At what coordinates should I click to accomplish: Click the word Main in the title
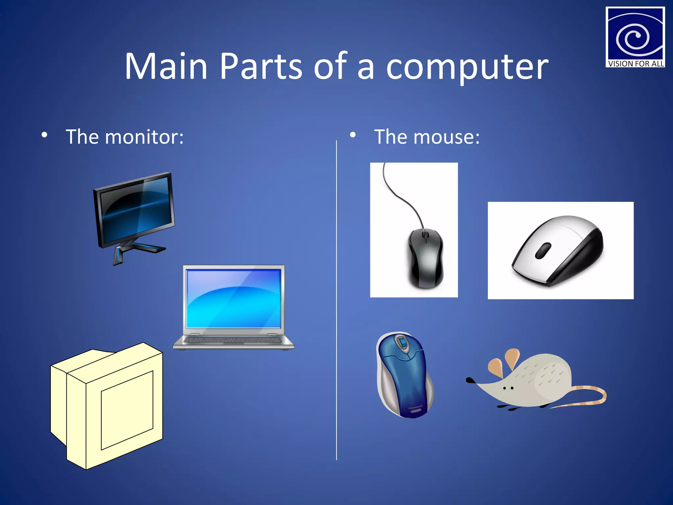pos(166,66)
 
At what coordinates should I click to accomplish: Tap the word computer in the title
pos(467,68)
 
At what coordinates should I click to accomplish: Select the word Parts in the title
pos(260,66)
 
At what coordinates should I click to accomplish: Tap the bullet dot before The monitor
pos(44,135)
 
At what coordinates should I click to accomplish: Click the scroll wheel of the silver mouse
pos(543,251)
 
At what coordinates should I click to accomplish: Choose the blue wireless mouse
pos(404,375)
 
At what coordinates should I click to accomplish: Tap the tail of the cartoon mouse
pos(588,396)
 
